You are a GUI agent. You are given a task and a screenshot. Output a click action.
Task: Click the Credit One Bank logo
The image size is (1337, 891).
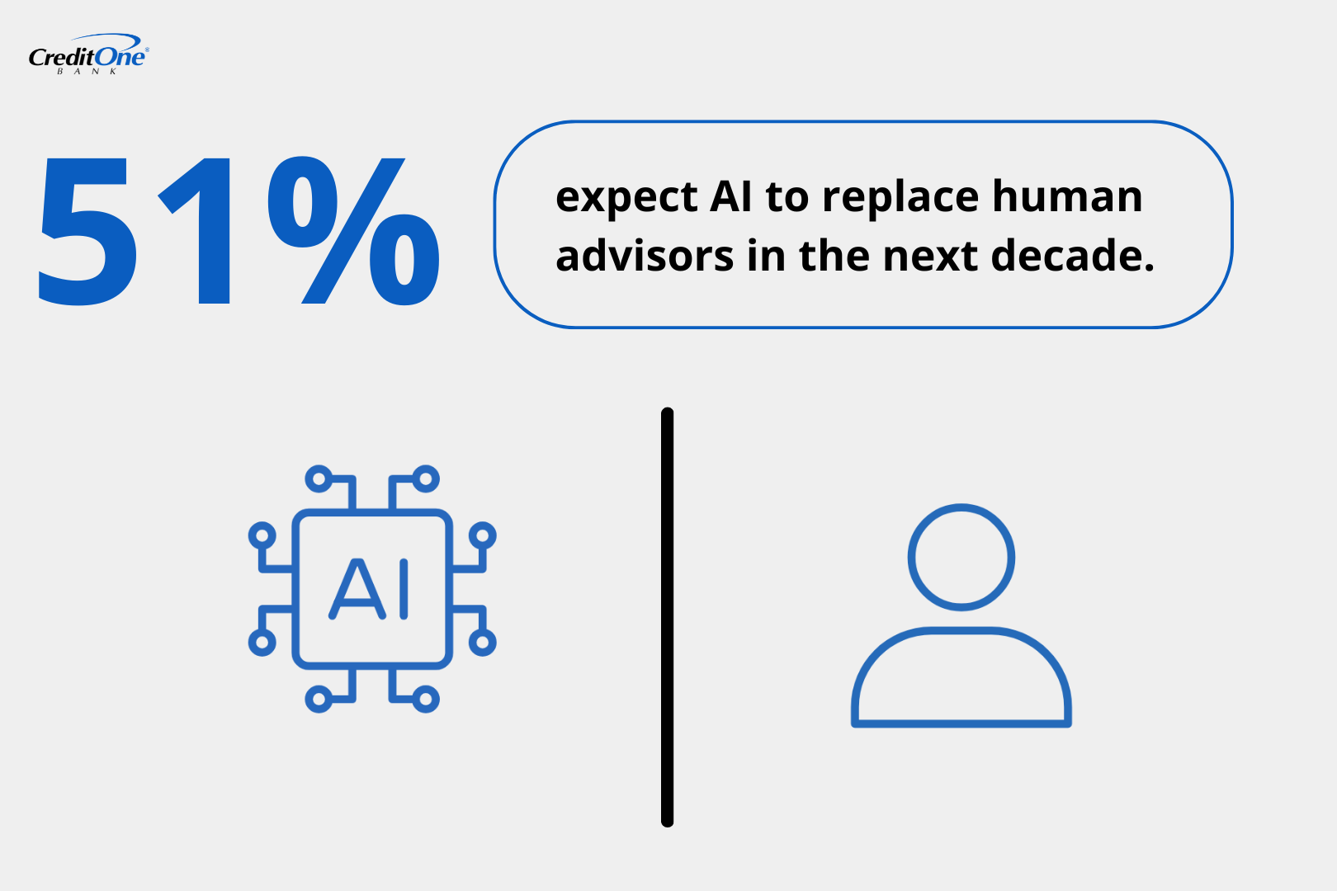click(88, 55)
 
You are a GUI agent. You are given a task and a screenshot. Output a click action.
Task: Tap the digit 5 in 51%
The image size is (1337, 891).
click(87, 231)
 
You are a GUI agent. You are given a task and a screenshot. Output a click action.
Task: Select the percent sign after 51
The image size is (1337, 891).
click(353, 231)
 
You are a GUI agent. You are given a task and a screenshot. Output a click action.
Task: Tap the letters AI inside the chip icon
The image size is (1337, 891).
click(370, 589)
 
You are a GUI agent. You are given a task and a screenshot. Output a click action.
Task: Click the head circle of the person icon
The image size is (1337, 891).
click(961, 557)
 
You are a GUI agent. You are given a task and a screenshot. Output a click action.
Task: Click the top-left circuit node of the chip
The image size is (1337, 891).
click(319, 478)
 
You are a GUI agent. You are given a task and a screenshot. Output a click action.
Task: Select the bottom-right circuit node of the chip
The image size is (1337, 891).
click(425, 700)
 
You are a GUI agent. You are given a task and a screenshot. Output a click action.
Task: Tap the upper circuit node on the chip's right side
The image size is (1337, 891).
click(482, 535)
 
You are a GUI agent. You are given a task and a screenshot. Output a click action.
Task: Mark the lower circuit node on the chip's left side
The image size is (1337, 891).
click(262, 642)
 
